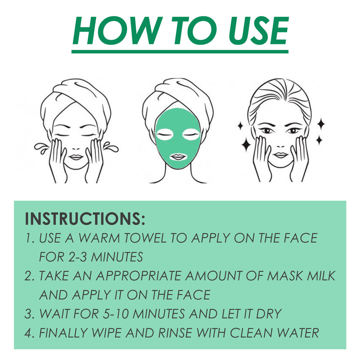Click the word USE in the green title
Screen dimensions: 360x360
(x=258, y=31)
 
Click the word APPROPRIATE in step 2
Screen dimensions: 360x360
(x=139, y=276)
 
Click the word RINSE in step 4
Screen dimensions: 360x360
(x=175, y=333)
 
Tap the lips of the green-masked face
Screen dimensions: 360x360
(x=178, y=156)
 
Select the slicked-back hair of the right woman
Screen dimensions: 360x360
(x=279, y=95)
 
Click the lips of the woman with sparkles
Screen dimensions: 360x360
(x=280, y=155)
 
